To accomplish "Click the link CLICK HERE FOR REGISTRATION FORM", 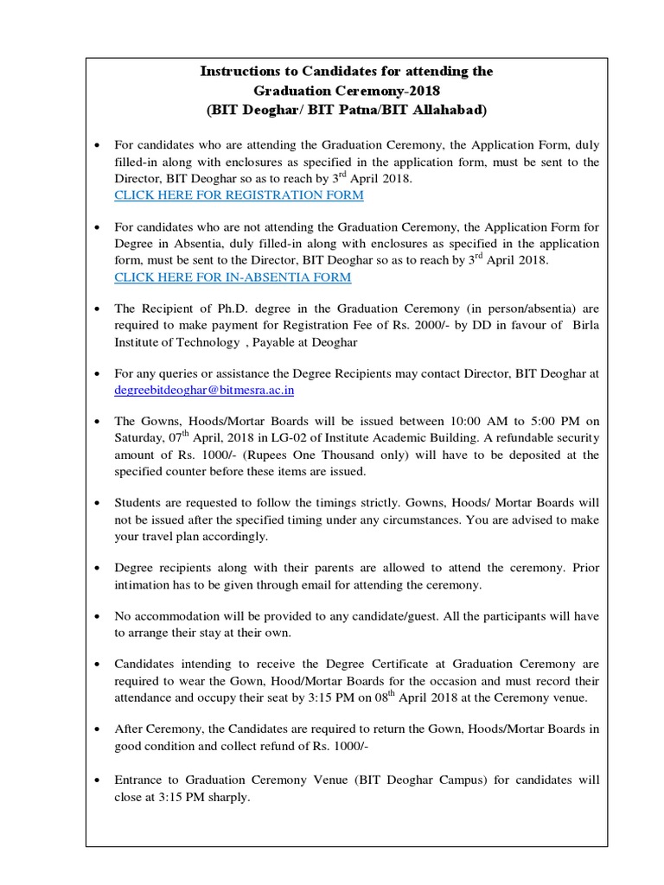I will (x=239, y=195).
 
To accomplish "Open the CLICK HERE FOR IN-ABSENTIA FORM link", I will (x=233, y=277).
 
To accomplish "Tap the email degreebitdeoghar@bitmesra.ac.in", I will (x=205, y=391).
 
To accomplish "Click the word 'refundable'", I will (x=524, y=438).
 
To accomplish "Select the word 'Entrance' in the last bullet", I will (x=141, y=780).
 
